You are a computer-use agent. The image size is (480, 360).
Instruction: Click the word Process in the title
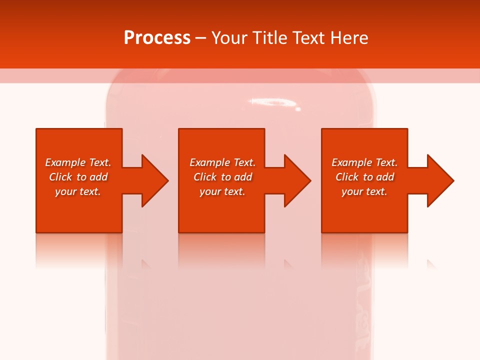click(x=157, y=38)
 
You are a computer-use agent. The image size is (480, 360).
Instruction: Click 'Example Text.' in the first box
click(x=78, y=162)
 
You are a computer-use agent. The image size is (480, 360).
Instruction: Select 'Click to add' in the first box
click(x=78, y=177)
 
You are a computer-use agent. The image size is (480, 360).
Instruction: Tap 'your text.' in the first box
click(x=78, y=191)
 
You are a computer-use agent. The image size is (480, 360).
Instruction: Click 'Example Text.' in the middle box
click(x=222, y=162)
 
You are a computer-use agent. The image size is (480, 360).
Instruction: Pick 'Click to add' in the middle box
click(x=222, y=177)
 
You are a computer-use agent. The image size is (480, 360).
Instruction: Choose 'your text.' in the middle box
click(x=222, y=191)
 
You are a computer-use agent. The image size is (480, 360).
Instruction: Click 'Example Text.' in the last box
click(x=364, y=162)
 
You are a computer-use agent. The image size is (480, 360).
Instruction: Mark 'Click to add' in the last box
click(x=364, y=177)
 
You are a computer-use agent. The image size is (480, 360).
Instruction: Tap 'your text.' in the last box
click(x=364, y=191)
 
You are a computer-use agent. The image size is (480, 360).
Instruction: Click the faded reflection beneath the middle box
click(x=221, y=250)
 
